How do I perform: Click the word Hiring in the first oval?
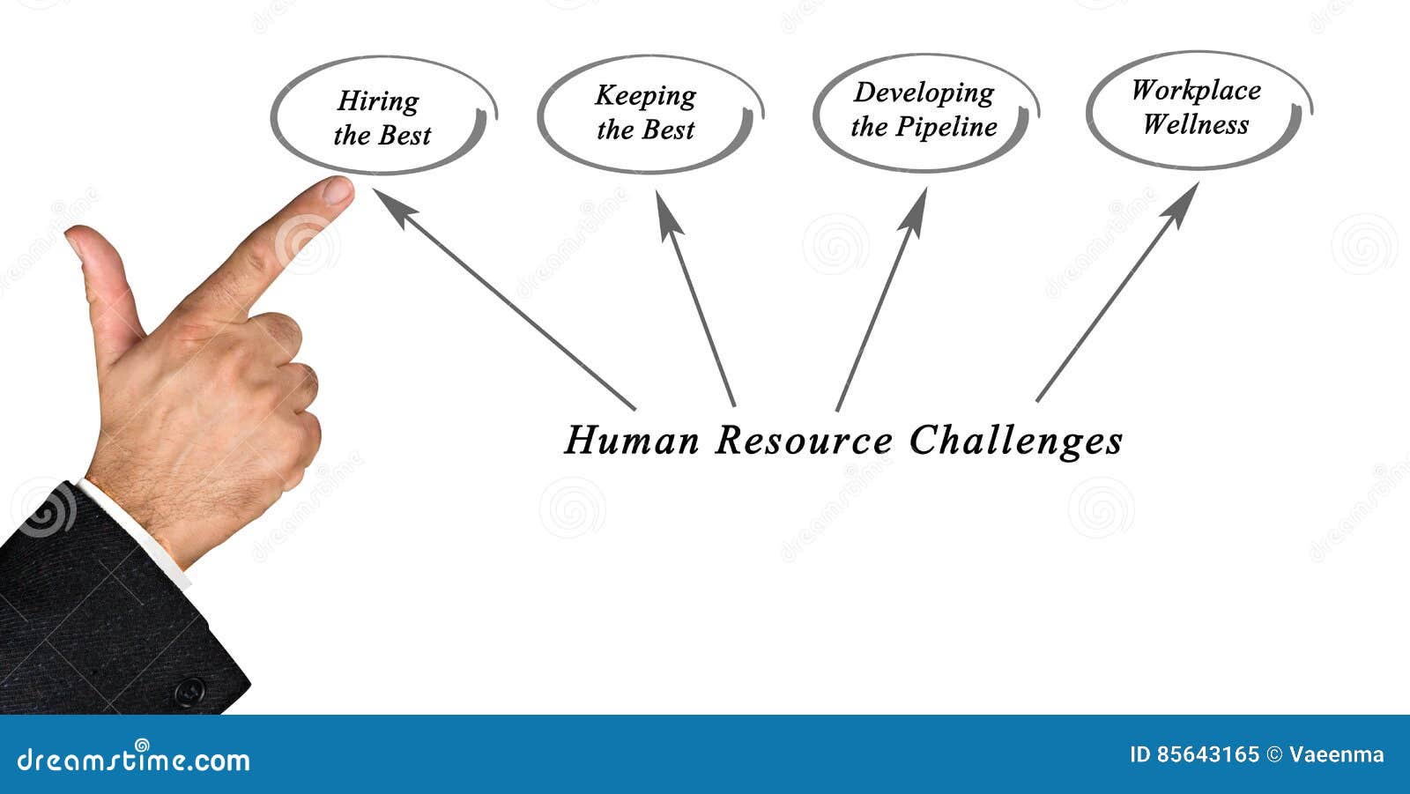pos(378,101)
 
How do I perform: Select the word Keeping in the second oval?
pos(645,96)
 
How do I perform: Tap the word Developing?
pos(924,93)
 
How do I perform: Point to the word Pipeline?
pos(946,128)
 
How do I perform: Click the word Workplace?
pos(1196,90)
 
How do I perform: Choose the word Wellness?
pos(1196,125)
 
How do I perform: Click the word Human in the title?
pos(632,440)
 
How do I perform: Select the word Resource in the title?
pos(803,440)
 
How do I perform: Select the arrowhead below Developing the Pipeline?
pos(914,212)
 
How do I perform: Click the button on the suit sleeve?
pos(189,692)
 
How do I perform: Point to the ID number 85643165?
pos(1206,754)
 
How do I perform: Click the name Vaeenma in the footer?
pos(1336,754)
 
